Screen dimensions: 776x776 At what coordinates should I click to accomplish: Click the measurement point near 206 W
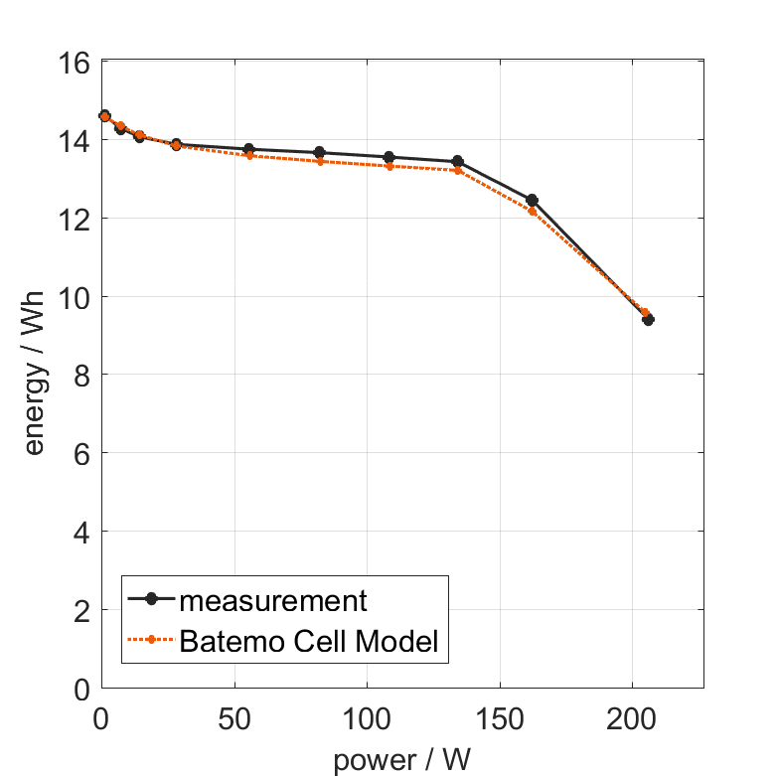[x=648, y=320]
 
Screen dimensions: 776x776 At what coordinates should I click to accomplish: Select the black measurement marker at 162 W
[x=532, y=200]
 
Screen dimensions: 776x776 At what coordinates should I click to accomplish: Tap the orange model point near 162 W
[x=532, y=212]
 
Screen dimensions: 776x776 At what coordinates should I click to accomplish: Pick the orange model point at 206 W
[x=645, y=312]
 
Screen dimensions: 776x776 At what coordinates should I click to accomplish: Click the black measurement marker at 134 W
[x=457, y=161]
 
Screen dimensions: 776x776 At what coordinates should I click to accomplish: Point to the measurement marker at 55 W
[x=248, y=149]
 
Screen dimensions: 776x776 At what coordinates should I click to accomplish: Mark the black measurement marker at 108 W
[x=388, y=157]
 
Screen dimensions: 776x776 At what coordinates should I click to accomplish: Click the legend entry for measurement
[x=272, y=600]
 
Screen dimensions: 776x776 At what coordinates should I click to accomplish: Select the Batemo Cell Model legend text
[x=309, y=641]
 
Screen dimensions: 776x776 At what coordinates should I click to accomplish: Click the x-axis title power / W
[x=401, y=760]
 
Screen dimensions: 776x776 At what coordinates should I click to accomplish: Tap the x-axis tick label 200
[x=632, y=718]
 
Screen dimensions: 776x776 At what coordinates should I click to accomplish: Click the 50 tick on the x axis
[x=234, y=718]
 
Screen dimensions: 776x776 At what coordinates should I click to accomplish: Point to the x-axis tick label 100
[x=367, y=718]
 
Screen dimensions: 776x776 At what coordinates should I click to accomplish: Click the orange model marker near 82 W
[x=319, y=161]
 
